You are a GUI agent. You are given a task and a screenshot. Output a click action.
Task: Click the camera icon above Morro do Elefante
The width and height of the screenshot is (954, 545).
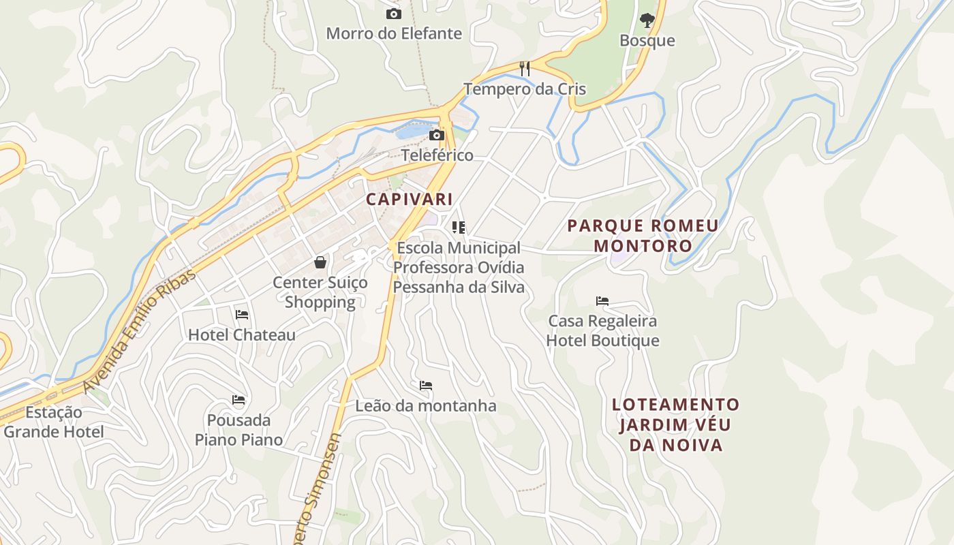(x=393, y=14)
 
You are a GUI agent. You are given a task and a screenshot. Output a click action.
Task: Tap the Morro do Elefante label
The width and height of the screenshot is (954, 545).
(x=394, y=33)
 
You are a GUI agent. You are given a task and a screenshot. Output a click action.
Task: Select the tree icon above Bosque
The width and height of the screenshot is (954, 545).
(x=647, y=20)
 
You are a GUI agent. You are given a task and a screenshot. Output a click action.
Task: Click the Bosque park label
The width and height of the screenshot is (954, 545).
(x=647, y=40)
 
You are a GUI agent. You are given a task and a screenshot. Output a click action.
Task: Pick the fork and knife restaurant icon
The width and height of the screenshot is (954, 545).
(x=525, y=69)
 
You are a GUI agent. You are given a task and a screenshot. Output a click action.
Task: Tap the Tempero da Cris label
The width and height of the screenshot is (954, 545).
(x=525, y=89)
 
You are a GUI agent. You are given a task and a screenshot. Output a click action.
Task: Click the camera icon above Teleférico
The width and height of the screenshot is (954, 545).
(x=437, y=135)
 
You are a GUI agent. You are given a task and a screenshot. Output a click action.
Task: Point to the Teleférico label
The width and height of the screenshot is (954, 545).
(x=437, y=155)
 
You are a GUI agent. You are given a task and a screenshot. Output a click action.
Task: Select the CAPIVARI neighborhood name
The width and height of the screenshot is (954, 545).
(x=409, y=199)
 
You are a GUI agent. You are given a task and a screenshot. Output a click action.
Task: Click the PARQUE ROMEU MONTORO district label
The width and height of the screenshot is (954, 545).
(x=643, y=235)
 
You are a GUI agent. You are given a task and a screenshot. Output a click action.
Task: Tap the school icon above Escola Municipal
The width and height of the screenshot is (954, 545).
(x=459, y=227)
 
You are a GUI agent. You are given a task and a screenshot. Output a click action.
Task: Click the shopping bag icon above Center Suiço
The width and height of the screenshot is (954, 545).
(x=320, y=262)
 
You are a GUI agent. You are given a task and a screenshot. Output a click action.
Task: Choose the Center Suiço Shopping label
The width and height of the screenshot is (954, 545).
(x=320, y=292)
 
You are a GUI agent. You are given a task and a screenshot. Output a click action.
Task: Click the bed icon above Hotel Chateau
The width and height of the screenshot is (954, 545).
(x=242, y=315)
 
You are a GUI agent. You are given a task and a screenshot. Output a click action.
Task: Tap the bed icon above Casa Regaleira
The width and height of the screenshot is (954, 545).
(x=602, y=300)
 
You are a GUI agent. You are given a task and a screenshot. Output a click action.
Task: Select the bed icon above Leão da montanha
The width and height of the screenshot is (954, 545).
(x=426, y=386)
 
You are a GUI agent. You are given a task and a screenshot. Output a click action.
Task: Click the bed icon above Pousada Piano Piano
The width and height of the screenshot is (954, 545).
(x=238, y=399)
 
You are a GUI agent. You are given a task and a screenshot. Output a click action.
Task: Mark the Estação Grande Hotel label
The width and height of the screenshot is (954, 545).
(x=54, y=422)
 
